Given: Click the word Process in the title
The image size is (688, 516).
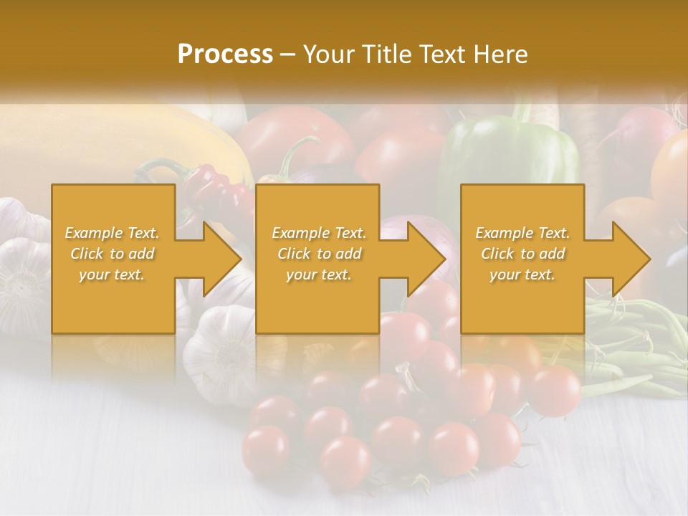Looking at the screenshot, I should pos(225,54).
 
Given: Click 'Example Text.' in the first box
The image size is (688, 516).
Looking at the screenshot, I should pos(113,233).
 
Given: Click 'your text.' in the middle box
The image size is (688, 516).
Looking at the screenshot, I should pos(319,274).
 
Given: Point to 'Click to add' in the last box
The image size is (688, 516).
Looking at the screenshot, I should pos(522,254).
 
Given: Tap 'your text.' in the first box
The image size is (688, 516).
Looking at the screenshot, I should pos(113,274).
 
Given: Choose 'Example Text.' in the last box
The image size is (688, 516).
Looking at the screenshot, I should pos(522,233).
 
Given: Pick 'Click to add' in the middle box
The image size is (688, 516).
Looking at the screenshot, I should pos(319,254).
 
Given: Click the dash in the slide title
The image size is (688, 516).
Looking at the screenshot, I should pos(287,54).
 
